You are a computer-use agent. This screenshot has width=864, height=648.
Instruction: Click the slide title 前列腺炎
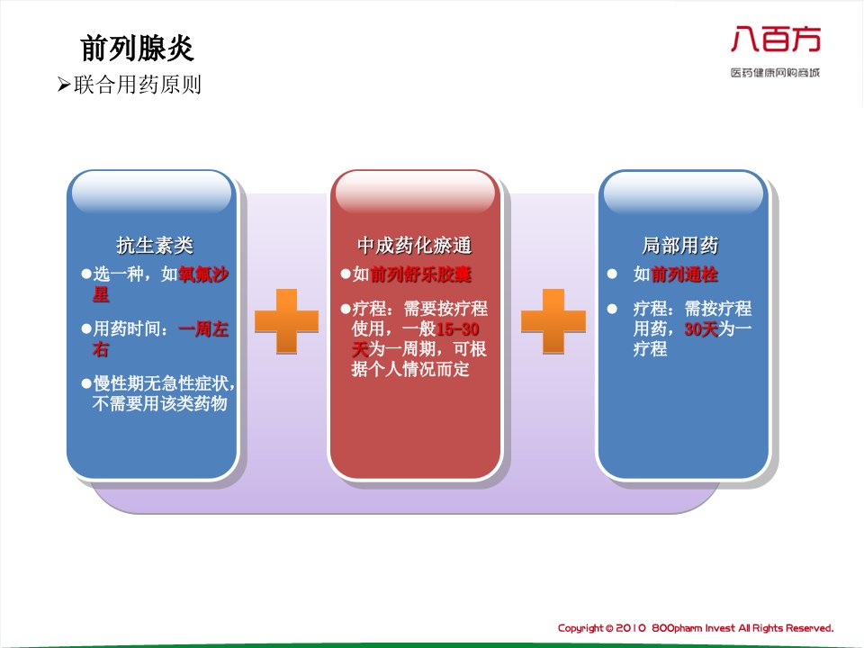pyautogui.click(x=137, y=48)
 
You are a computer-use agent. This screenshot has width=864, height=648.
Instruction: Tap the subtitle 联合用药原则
pyautogui.click(x=138, y=85)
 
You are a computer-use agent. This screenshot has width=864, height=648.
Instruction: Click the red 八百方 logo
pyautogui.click(x=776, y=39)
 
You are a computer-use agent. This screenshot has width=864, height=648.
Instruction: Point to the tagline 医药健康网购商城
pyautogui.click(x=775, y=73)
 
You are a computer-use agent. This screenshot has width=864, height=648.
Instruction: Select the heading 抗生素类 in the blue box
pyautogui.click(x=155, y=245)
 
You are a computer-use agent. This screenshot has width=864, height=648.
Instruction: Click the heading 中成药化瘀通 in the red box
pyautogui.click(x=414, y=245)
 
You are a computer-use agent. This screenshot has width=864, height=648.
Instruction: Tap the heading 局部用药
pyautogui.click(x=680, y=245)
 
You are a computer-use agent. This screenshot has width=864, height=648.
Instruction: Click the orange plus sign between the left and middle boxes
pyautogui.click(x=286, y=321)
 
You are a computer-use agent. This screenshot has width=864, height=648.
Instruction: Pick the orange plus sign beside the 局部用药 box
pyautogui.click(x=553, y=321)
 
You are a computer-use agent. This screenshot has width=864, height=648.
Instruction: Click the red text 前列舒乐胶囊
pyautogui.click(x=420, y=274)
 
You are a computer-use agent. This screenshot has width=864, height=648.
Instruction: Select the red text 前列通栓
pyautogui.click(x=684, y=274)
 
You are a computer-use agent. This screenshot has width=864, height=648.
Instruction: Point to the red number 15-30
pyautogui.click(x=457, y=329)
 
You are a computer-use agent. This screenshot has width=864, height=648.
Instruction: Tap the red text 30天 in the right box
pyautogui.click(x=701, y=329)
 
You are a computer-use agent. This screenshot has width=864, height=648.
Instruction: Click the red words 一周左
pyautogui.click(x=203, y=329)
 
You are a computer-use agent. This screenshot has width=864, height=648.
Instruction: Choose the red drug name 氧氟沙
pyautogui.click(x=203, y=274)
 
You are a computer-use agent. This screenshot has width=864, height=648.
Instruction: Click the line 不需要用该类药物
pyautogui.click(x=160, y=404)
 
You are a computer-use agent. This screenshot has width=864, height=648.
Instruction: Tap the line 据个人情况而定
pyautogui.click(x=410, y=369)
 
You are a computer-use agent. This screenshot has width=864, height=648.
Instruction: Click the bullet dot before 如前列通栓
pyautogui.click(x=612, y=274)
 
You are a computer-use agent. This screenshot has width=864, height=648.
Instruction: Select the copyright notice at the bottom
pyautogui.click(x=696, y=628)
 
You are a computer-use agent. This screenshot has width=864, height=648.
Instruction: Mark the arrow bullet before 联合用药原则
pyautogui.click(x=64, y=85)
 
